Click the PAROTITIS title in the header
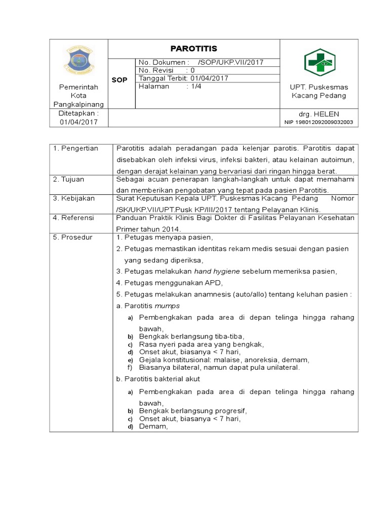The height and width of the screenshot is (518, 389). (x=193, y=49)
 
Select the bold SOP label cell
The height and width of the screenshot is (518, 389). (x=120, y=80)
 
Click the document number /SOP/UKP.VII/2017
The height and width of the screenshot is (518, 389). (x=231, y=62)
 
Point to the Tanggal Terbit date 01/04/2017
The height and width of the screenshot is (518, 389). (x=209, y=78)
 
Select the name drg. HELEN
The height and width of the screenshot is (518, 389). (x=319, y=114)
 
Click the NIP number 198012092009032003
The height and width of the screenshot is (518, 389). (x=319, y=122)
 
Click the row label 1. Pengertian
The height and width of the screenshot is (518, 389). (x=75, y=148)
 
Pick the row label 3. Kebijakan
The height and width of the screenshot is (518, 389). (x=74, y=198)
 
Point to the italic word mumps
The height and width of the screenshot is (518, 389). (x=167, y=306)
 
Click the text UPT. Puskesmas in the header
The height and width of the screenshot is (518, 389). (x=319, y=87)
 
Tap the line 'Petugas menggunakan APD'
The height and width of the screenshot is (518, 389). (x=170, y=283)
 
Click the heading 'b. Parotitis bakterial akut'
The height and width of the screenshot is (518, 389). (x=158, y=378)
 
